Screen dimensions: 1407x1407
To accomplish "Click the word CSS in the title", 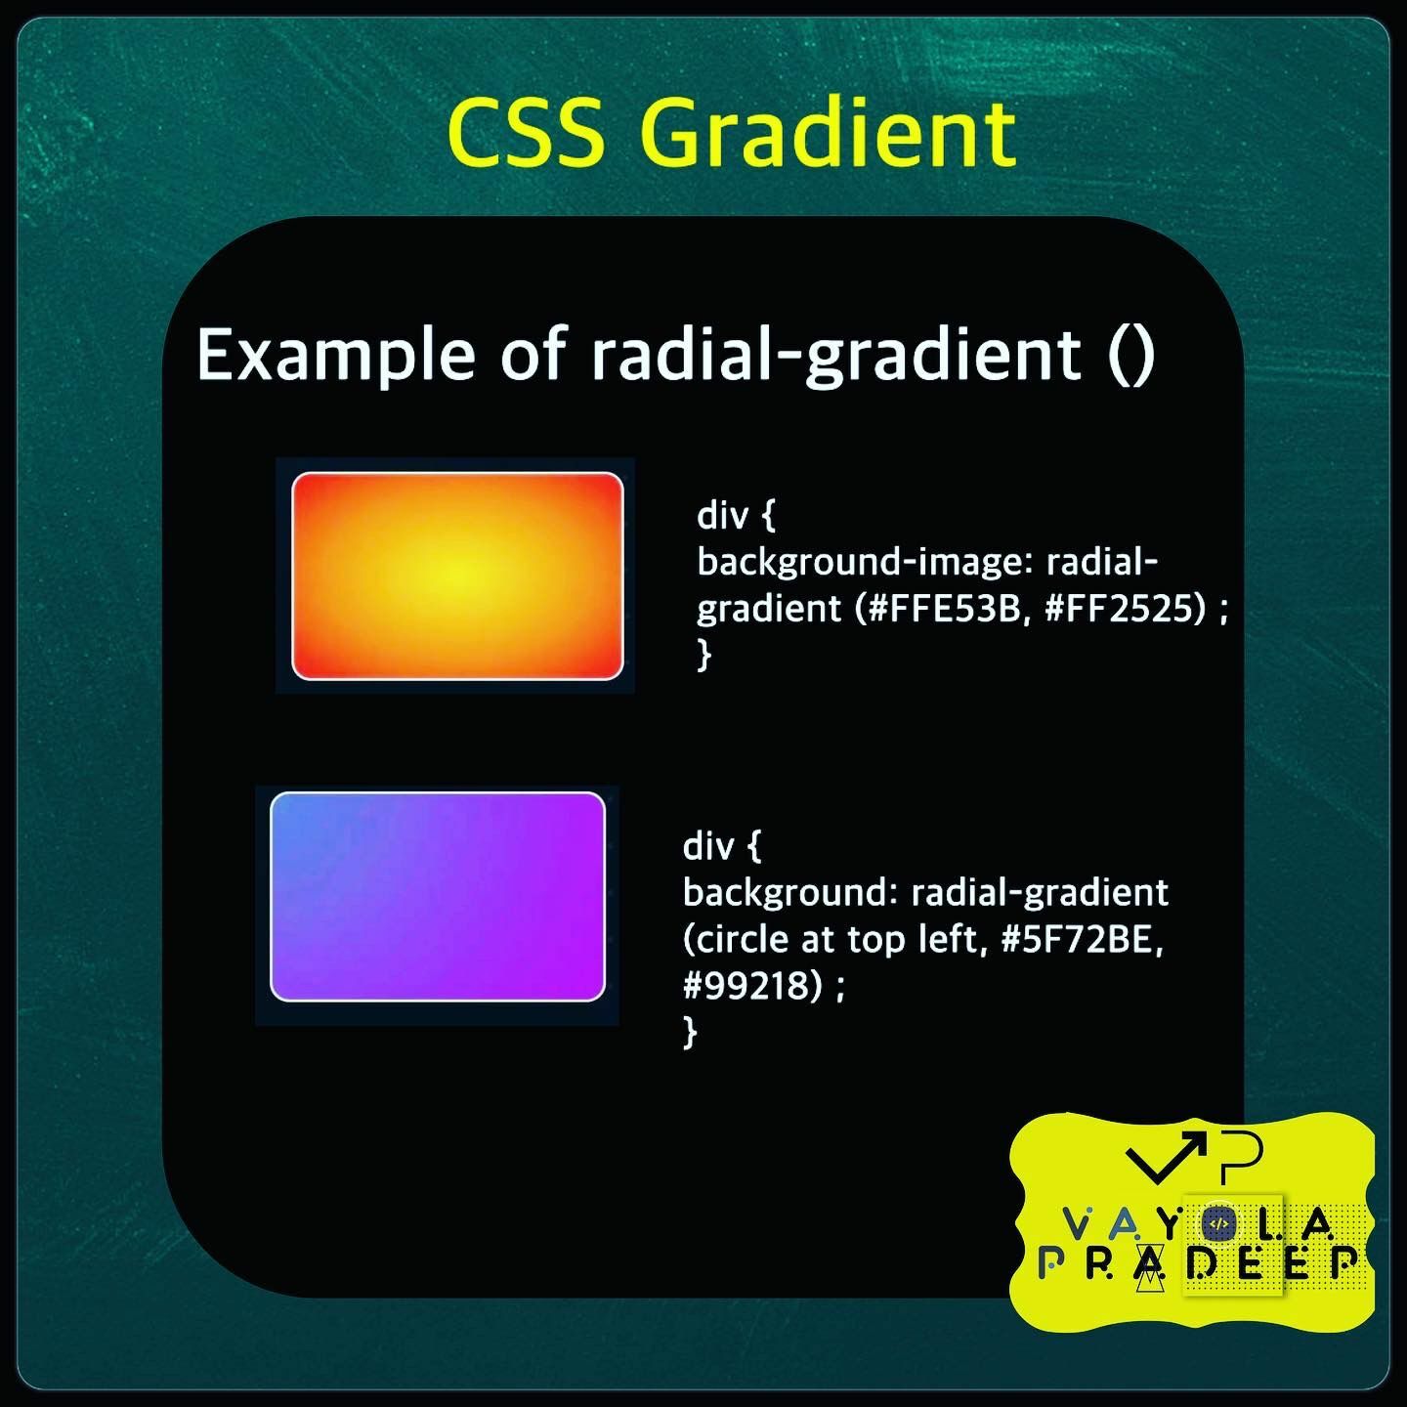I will pyautogui.click(x=526, y=133).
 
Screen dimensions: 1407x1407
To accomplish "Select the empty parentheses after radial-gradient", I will pyautogui.click(x=1132, y=355).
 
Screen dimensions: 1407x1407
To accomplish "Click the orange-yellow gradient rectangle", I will pyautogui.click(x=457, y=576).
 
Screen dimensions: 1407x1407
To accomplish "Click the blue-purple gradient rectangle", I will pyautogui.click(x=438, y=897).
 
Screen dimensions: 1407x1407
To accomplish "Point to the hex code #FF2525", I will pyautogui.click(x=1125, y=609).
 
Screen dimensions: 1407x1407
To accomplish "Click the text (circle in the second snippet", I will pyautogui.click(x=737, y=939).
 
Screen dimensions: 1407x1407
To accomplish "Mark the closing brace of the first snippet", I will pyautogui.click(x=703, y=654).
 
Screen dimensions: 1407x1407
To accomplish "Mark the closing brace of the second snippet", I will pyautogui.click(x=690, y=1031).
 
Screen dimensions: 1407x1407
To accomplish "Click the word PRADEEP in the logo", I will pyautogui.click(x=1198, y=1263).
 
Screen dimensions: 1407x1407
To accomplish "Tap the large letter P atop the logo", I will pyautogui.click(x=1243, y=1153).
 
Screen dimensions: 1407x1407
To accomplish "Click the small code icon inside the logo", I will pyautogui.click(x=1217, y=1223).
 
